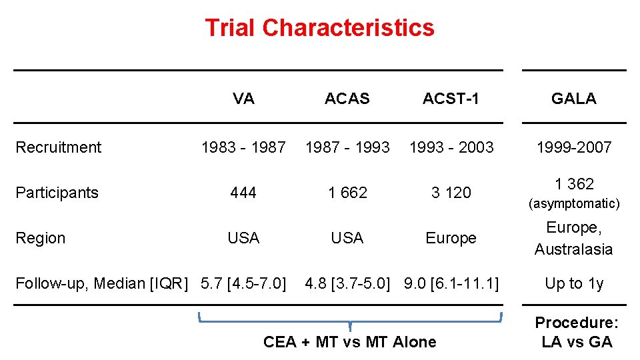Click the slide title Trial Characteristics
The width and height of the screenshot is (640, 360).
[x=319, y=28]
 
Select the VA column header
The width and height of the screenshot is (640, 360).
[x=243, y=99]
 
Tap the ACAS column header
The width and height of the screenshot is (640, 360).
[x=347, y=99]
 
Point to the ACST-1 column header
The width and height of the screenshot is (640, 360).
[x=451, y=99]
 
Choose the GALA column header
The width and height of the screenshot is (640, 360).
[x=573, y=99]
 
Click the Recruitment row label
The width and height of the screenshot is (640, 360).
[x=58, y=147]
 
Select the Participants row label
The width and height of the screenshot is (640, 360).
[x=57, y=193]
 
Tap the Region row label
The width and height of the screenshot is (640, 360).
[x=40, y=238]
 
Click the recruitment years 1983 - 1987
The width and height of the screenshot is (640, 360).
[x=243, y=147]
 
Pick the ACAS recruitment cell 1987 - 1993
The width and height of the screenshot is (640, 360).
[x=347, y=147]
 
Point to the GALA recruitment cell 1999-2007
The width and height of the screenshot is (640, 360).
[x=573, y=147]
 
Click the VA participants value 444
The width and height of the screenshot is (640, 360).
[x=243, y=193]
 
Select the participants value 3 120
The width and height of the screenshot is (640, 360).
[x=451, y=193]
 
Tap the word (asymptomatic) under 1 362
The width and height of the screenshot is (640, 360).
[x=573, y=203]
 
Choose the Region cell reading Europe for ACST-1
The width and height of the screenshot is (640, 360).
[x=451, y=238]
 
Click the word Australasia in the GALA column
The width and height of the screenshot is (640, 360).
[x=573, y=249]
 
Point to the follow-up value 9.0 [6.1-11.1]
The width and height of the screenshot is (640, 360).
[x=451, y=283]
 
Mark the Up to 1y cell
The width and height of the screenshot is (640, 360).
[x=573, y=283]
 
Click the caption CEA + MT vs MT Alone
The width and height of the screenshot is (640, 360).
[x=350, y=342]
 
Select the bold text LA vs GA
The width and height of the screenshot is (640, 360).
[x=577, y=342]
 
